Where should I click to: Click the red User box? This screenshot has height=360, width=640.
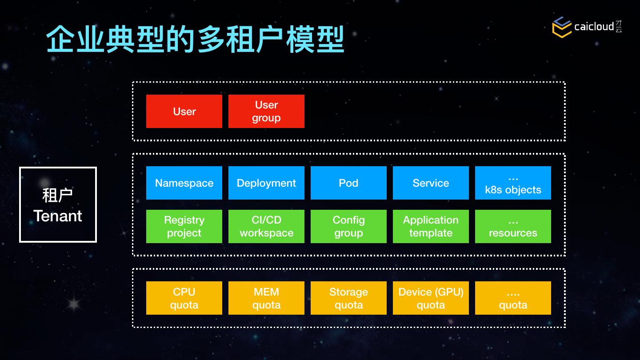tap(184, 111)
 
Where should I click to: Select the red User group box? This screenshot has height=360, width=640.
tap(266, 111)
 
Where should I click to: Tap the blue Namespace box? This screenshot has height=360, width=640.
tap(184, 183)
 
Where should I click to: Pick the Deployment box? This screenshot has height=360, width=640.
tap(266, 183)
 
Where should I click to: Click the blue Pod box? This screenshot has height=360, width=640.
tap(348, 183)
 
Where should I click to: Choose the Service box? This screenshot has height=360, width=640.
tap(431, 183)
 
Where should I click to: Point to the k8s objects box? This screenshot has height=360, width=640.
tap(513, 183)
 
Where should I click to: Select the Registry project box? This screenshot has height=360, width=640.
tap(184, 226)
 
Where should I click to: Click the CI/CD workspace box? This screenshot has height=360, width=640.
tap(266, 226)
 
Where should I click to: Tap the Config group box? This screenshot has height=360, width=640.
tap(348, 226)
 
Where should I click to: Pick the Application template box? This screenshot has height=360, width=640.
tap(431, 226)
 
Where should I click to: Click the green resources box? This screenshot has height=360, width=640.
tap(513, 226)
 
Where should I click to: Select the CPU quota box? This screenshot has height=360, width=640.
tap(184, 298)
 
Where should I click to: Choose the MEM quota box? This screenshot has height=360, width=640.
tap(266, 298)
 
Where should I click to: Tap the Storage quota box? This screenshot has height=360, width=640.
tap(348, 298)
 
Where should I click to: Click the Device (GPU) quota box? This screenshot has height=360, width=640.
tap(431, 298)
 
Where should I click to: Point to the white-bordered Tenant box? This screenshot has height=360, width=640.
tap(58, 204)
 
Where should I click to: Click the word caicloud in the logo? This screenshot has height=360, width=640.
tap(594, 27)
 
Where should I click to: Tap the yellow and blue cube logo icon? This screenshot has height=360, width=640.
tap(562, 27)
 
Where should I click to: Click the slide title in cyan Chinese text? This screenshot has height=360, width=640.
tap(195, 40)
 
